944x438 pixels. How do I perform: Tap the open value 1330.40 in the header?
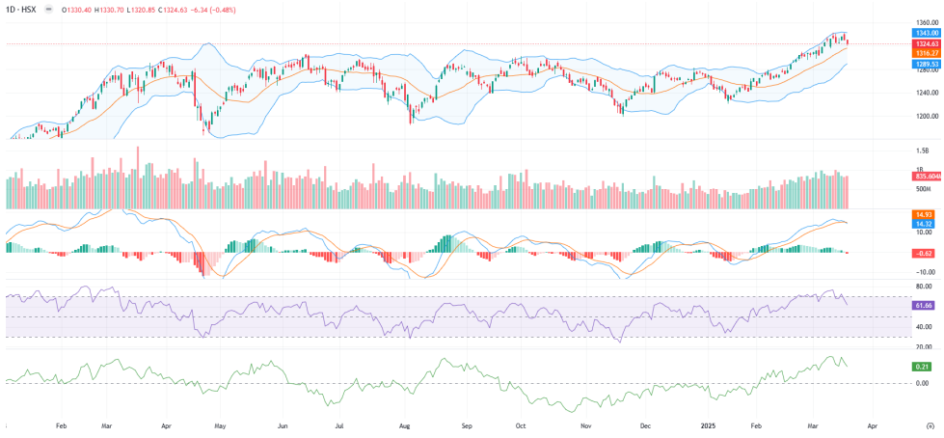(78, 10)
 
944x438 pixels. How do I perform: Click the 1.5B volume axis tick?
(923, 151)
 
